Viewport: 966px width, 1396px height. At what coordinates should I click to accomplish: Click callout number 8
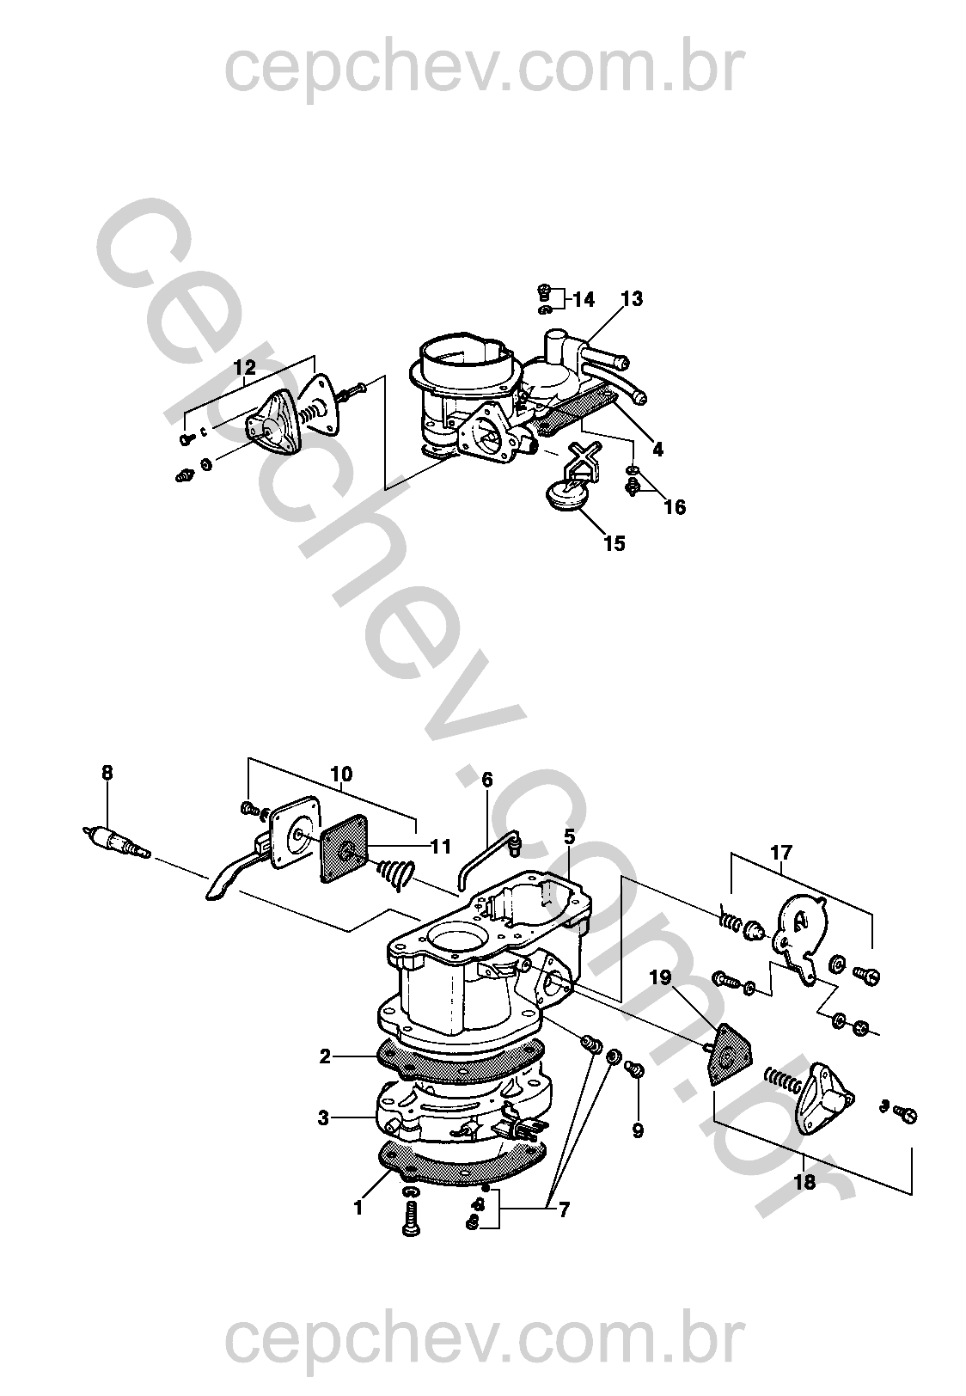(107, 773)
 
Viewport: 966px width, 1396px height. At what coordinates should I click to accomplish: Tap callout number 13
(631, 298)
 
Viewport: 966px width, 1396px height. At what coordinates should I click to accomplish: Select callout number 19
(661, 977)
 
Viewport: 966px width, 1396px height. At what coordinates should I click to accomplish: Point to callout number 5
(569, 837)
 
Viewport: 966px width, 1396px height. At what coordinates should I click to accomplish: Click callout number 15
(614, 543)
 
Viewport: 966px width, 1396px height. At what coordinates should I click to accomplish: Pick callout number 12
(245, 367)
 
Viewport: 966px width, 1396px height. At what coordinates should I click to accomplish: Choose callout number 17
(781, 851)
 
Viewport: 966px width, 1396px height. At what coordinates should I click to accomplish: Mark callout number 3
(323, 1118)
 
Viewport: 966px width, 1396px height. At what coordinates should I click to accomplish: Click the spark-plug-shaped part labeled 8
(117, 842)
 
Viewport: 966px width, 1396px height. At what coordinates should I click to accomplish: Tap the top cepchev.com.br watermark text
(484, 69)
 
